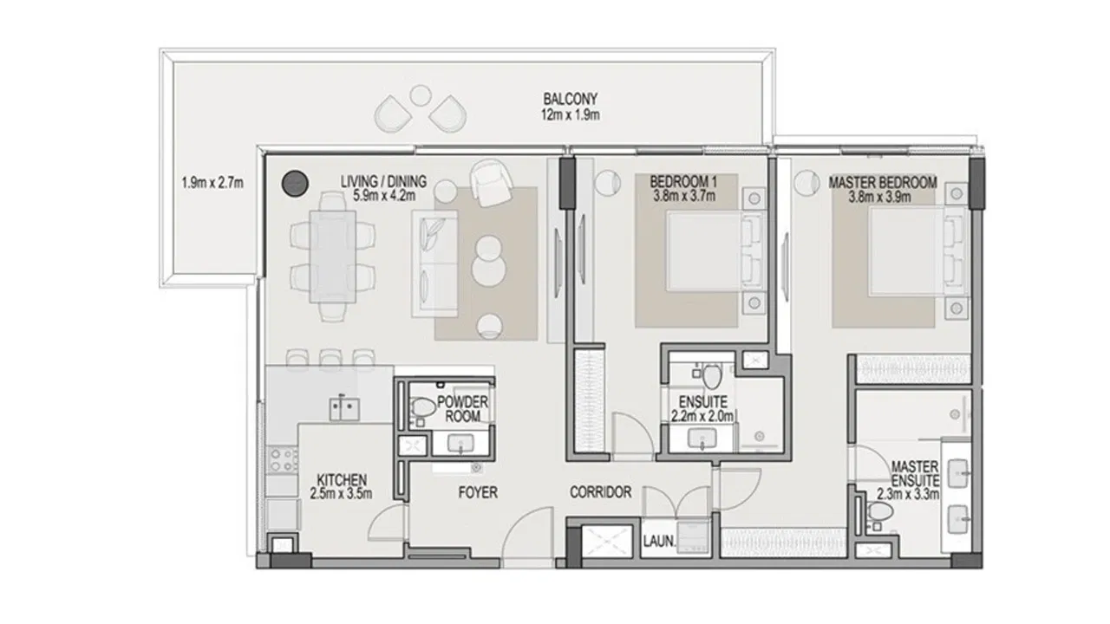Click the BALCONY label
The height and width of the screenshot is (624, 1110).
tap(570, 99)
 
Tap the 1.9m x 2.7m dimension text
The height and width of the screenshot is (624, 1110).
tap(212, 183)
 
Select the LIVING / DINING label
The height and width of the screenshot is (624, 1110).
tap(384, 182)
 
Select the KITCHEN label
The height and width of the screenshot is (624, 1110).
tap(342, 479)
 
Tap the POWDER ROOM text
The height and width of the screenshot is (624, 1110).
tap(463, 409)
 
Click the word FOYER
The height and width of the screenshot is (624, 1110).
tap(478, 492)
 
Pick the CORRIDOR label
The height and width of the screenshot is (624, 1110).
tap(600, 492)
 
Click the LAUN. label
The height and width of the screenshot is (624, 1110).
tap(659, 544)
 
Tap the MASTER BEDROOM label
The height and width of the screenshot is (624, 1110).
tap(883, 183)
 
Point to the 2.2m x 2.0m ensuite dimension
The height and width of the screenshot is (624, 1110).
tap(703, 416)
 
